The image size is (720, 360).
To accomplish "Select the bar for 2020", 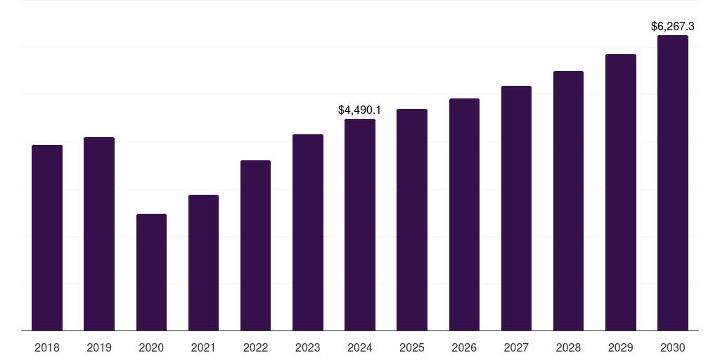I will coord(151,272).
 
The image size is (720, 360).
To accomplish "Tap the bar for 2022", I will coord(255,245).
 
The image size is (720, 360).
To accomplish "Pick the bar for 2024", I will coord(360,225).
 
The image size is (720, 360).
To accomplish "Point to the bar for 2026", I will coord(464,214).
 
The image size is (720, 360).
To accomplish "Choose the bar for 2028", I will coord(568,201).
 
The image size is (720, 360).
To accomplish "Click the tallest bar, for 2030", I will coord(673,183).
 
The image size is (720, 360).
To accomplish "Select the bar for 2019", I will coord(99,233).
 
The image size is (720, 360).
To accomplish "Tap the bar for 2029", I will coord(621,193).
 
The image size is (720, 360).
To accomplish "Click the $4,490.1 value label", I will coord(359,110).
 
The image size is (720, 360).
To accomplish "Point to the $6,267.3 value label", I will coord(673,27).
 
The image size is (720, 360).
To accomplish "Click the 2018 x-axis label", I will coord(47,347).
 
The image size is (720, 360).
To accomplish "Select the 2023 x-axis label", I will coord(308,347).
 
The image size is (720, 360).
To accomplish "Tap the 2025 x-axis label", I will coord(412,347).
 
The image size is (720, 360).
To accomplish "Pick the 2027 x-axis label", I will coord(516,347).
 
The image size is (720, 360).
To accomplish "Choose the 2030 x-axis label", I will coord(673,347).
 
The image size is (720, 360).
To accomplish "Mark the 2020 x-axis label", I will coord(151,347).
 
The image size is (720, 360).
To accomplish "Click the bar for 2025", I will coord(412,219).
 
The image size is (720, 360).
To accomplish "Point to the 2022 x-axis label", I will coord(255,347).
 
